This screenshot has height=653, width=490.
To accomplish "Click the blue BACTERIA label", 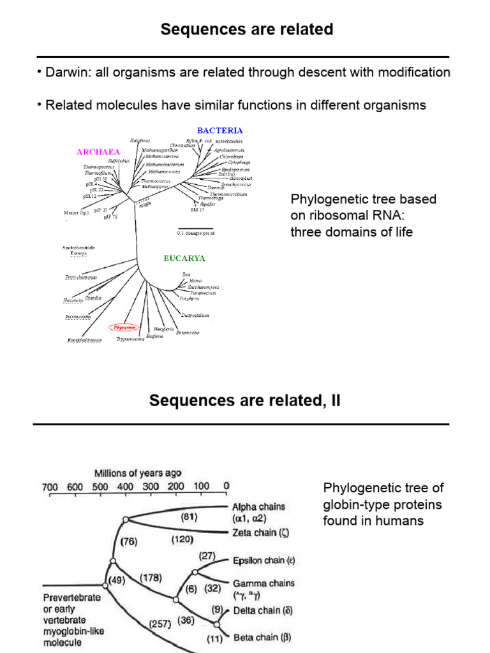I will [219, 131].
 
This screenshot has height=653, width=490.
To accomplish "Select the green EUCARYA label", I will [184, 258].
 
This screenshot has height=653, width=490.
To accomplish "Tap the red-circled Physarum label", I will [126, 327].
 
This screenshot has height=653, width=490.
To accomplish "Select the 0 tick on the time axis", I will [226, 487].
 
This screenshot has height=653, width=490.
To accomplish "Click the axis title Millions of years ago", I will [138, 473].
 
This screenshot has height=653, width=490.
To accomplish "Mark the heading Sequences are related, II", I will [244, 400].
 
